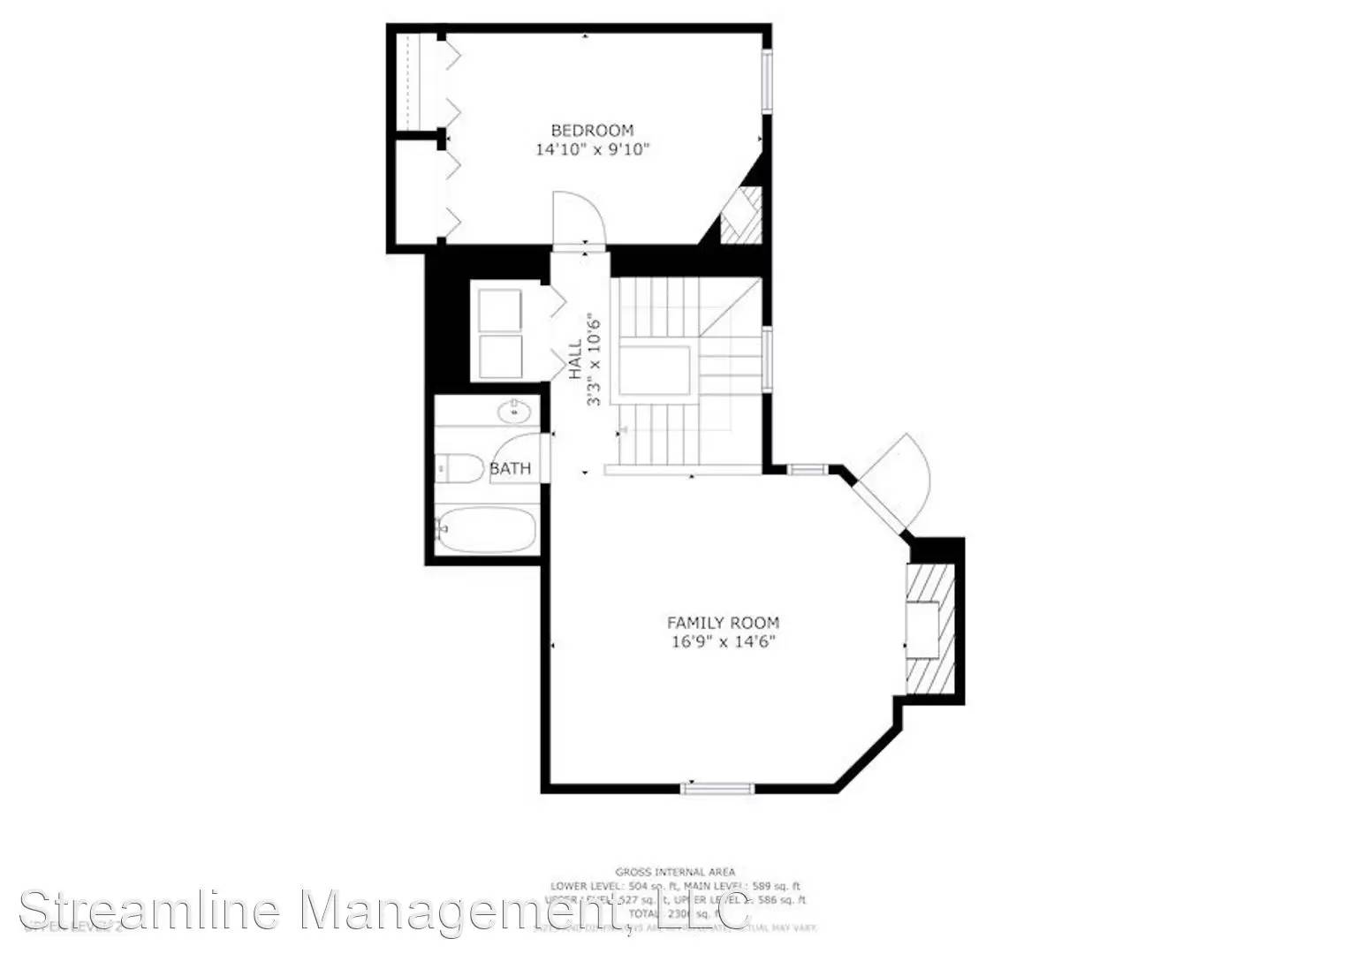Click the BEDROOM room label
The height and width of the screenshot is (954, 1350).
[592, 130]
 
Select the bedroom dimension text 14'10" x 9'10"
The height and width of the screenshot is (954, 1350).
[592, 149]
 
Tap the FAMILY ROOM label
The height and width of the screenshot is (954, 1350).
[723, 622]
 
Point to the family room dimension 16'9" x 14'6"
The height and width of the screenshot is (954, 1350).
[723, 641]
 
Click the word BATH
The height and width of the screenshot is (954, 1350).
[511, 468]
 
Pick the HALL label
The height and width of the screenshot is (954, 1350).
[576, 360]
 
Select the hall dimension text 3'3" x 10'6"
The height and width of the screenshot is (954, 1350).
[595, 360]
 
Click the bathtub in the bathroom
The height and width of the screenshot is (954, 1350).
[486, 529]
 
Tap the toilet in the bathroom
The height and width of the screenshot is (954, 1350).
[459, 468]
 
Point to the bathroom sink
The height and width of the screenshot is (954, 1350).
[512, 411]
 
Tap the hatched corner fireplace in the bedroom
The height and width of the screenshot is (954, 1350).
[740, 216]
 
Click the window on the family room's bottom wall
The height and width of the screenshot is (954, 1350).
[717, 788]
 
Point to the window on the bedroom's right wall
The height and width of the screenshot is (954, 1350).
[768, 80]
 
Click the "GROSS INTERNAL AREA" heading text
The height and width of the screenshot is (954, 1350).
[675, 872]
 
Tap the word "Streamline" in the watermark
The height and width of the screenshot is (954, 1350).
[150, 910]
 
